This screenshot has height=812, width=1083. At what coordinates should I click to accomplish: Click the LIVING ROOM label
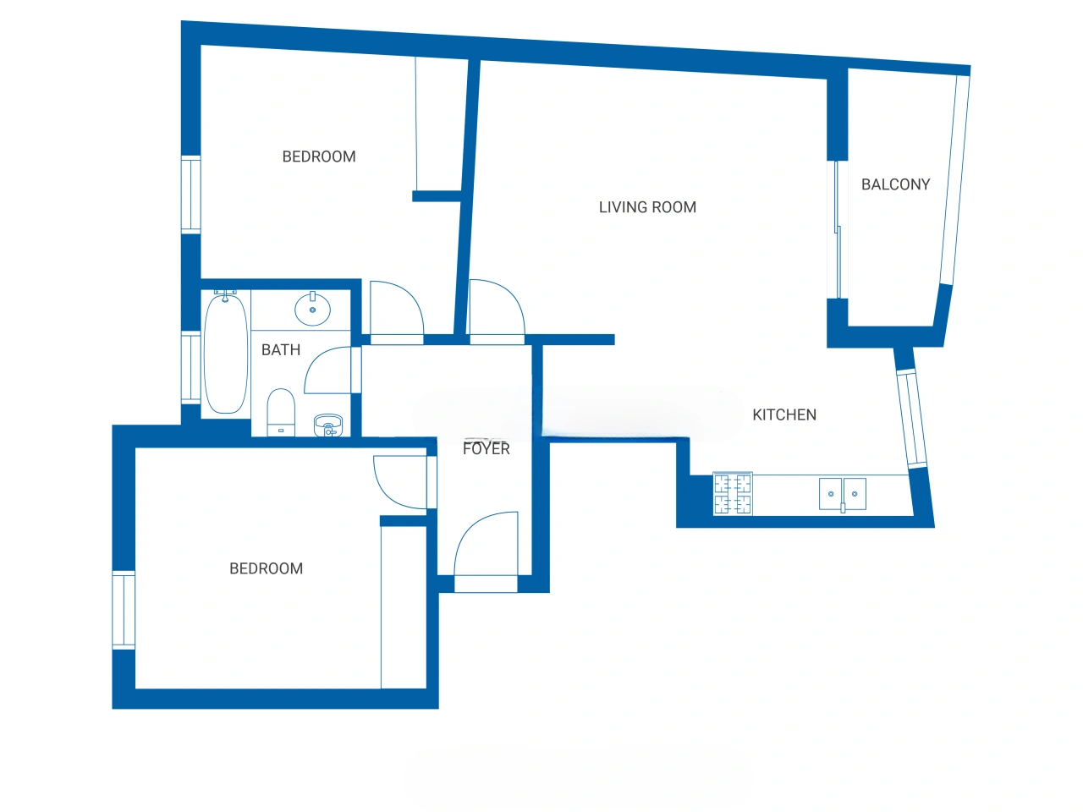pyautogui.click(x=647, y=207)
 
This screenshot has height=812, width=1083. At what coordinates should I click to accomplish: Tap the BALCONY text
pyautogui.click(x=895, y=184)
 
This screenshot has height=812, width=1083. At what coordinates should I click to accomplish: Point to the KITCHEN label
pyautogui.click(x=784, y=414)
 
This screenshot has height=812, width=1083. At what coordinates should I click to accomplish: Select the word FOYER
pyautogui.click(x=486, y=448)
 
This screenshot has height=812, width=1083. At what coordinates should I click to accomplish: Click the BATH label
pyautogui.click(x=281, y=349)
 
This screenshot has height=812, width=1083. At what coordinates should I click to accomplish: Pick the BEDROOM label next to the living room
pyautogui.click(x=319, y=156)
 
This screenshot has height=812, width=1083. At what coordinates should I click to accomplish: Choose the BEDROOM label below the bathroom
pyautogui.click(x=266, y=568)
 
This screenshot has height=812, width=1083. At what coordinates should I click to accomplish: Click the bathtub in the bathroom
pyautogui.click(x=226, y=354)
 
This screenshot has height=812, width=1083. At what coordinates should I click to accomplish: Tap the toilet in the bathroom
pyautogui.click(x=281, y=412)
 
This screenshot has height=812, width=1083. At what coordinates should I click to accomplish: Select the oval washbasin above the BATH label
pyautogui.click(x=312, y=309)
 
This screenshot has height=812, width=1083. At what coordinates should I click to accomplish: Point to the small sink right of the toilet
pyautogui.click(x=328, y=425)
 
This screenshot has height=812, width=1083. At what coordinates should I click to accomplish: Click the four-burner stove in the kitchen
pyautogui.click(x=733, y=493)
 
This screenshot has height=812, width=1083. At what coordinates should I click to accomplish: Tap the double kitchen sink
pyautogui.click(x=842, y=493)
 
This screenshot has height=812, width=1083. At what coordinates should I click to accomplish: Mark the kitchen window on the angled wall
pyautogui.click(x=911, y=419)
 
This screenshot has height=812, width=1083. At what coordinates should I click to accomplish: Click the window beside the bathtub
pyautogui.click(x=190, y=367)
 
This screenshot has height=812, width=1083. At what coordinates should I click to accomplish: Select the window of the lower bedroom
pyautogui.click(x=124, y=610)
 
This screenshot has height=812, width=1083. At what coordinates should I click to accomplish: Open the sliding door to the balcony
pyautogui.click(x=838, y=230)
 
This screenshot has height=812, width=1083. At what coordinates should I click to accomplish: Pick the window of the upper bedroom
pyautogui.click(x=190, y=195)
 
